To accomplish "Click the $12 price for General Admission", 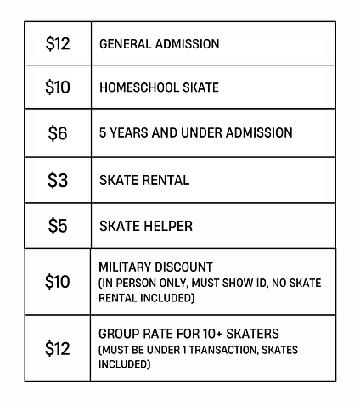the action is tap(58, 44).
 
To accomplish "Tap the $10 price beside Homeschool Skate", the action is tap(58, 87).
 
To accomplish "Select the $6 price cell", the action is tap(58, 133).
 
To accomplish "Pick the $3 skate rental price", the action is tap(58, 180).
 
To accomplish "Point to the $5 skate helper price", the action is tap(58, 226).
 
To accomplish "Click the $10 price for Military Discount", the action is tap(58, 282).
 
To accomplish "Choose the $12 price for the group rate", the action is tap(58, 348).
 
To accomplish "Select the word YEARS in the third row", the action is tap(131, 133).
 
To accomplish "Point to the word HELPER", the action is tap(166, 226).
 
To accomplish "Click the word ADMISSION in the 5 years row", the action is tap(253, 133).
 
